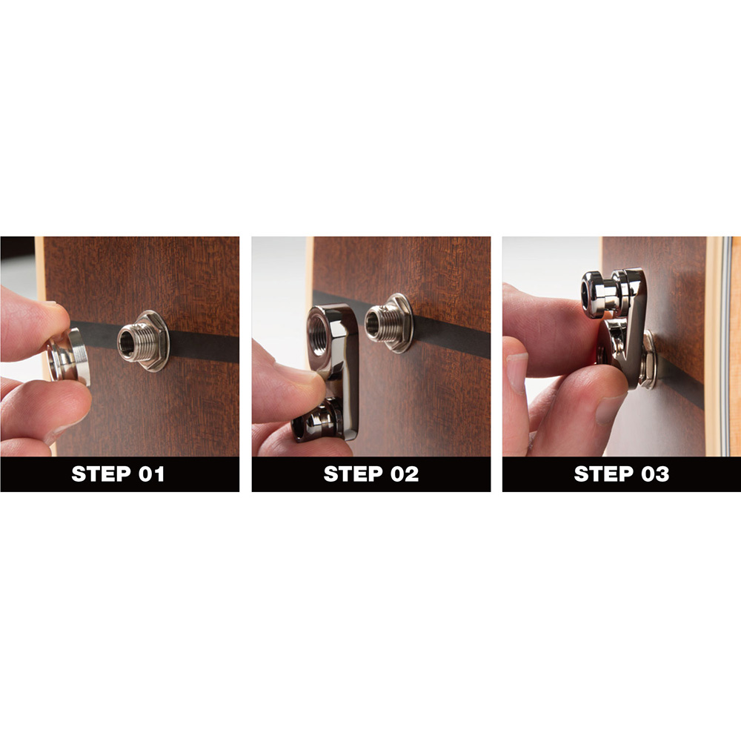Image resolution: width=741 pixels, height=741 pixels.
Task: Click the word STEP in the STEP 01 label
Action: [x=101, y=474]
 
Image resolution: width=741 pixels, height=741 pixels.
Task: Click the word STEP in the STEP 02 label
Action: [x=353, y=474]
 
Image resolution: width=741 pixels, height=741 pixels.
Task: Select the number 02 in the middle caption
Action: [x=405, y=474]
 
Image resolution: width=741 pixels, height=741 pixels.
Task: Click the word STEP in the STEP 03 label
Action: [x=603, y=474]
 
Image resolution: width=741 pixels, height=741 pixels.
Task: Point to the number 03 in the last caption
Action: [x=656, y=474]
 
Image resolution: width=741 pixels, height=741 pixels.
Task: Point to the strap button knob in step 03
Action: [x=599, y=293]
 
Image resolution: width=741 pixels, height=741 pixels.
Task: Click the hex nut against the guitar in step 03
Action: [x=648, y=359]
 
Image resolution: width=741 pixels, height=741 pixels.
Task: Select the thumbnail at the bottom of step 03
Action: [x=610, y=409]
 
